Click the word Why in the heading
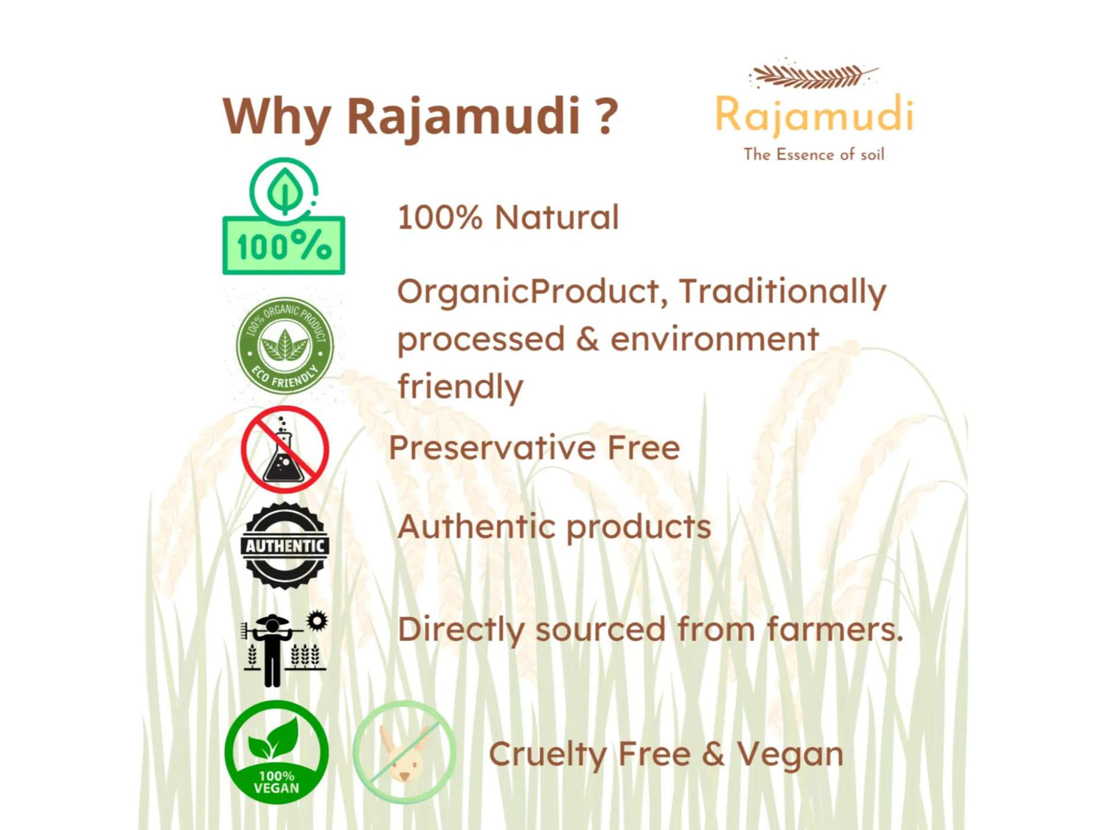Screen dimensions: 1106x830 coord(276,117)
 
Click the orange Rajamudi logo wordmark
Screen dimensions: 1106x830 coord(814,115)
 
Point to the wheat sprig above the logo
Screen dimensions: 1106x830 coord(814,76)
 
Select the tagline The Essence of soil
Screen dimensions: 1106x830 coord(814,154)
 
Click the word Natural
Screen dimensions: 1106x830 coord(556,218)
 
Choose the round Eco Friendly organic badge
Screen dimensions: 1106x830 coord(285,345)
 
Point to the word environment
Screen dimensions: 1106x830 coord(714,339)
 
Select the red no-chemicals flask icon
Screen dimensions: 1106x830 coord(285,449)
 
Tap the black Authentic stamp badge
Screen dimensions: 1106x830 coord(285,546)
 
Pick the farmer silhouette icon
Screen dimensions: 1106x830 coord(272,650)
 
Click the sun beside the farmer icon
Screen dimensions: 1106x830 coord(317,620)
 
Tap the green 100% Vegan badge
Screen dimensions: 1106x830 coord(276,751)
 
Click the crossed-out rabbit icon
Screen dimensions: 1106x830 coord(404,751)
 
